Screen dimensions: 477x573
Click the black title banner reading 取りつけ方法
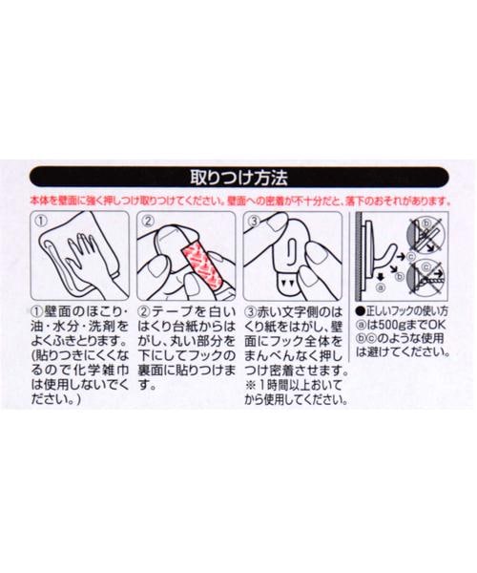point(239,177)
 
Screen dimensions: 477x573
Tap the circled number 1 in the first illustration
point(42,221)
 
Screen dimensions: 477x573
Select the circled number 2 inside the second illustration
point(148,221)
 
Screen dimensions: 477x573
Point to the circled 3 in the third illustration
point(254,221)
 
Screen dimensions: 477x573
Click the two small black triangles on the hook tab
point(285,282)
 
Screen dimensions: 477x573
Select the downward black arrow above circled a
point(381,276)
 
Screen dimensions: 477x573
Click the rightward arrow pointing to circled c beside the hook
point(402,257)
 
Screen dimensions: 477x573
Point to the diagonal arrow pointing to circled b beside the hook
point(393,269)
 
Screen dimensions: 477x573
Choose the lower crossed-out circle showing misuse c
point(426,277)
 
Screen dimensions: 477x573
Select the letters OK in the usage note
point(437,325)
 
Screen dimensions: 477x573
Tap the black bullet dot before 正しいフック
point(360,311)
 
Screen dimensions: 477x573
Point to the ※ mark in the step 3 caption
point(250,385)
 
